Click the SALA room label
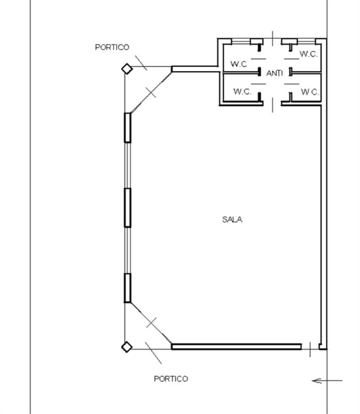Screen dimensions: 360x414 232,219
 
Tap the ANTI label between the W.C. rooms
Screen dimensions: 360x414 275,73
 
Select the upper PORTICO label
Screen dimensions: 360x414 112,47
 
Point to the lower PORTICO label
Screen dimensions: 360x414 171,379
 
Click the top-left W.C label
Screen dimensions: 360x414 239,64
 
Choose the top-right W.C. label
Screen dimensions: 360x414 309,54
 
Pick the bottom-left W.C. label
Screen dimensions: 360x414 242,92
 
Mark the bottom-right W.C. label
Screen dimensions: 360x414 310,92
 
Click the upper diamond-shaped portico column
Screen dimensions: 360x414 127,69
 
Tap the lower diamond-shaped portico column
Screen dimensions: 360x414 127,347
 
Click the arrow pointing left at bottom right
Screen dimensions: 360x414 327,381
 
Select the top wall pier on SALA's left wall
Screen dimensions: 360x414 127,128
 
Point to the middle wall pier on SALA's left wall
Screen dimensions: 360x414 127,208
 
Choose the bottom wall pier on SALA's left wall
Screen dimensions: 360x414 127,288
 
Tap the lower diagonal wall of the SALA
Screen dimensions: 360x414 151,323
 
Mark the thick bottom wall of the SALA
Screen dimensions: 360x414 237,347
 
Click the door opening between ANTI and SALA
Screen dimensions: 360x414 272,105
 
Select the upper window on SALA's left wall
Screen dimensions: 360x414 127,166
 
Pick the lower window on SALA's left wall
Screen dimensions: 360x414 127,250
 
